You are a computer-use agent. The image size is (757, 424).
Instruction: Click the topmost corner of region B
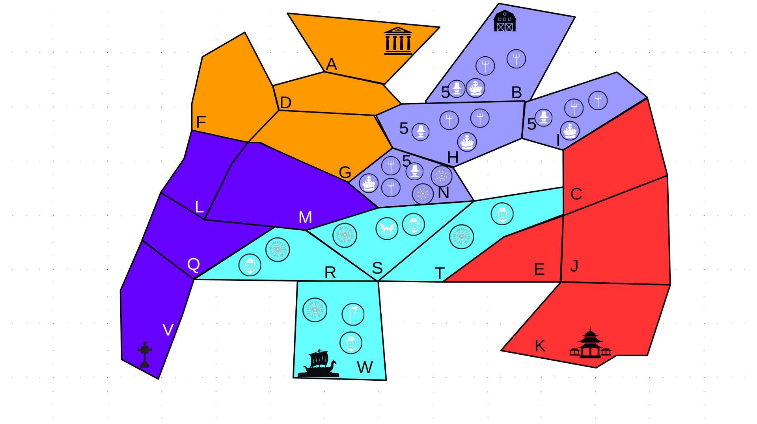coord(499,4)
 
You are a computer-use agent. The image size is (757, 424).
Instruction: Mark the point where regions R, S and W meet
coord(378,281)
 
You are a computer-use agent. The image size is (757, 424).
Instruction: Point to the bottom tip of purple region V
coord(158,379)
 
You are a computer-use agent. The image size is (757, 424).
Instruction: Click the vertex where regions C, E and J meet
coord(563,215)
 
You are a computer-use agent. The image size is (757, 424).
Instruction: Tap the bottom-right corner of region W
coord(386,380)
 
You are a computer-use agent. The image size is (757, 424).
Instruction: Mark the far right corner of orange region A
coord(440,28)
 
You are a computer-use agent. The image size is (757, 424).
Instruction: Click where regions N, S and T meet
coord(474,201)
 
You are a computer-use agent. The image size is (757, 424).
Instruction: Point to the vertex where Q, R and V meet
coord(194,279)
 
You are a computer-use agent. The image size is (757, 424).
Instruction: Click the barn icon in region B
coord(505,21)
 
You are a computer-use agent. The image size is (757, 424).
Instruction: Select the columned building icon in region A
coord(398,41)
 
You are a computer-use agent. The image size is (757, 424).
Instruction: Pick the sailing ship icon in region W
coord(319,363)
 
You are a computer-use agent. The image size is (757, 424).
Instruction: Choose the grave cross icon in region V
coord(145,354)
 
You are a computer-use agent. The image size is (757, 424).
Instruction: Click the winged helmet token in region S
coord(387,228)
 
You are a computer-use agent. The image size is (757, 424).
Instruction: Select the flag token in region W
coord(353,314)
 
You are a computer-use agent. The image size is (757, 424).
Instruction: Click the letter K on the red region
coord(540,346)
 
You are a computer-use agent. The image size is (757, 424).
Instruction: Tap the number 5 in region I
coord(531,124)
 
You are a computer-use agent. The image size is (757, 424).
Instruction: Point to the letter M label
coord(305,217)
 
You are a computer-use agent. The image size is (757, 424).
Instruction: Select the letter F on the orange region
coord(201,122)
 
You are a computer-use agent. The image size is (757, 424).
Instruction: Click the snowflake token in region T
coord(461,237)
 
